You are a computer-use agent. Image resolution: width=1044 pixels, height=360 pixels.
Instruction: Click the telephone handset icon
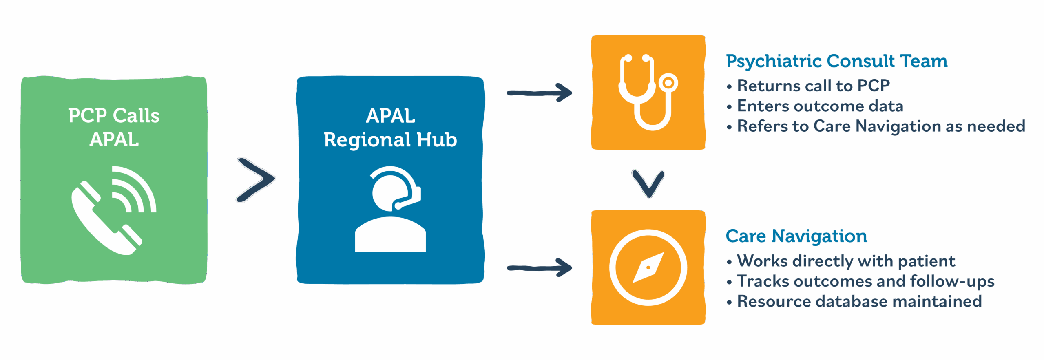tap(104, 220)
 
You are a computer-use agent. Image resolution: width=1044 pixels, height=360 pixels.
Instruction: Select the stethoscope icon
tap(648, 92)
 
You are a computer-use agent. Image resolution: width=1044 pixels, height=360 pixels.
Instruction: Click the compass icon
tap(648, 267)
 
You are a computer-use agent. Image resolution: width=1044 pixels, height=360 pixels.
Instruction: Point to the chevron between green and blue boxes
tap(256, 180)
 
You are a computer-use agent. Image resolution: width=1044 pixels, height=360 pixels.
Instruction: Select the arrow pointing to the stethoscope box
tap(539, 93)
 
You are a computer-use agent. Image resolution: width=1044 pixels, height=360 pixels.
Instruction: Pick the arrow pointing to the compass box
tap(539, 268)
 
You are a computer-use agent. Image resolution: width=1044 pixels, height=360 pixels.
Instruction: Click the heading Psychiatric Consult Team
tap(836, 61)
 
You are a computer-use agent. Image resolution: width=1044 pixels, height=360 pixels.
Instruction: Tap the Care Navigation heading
tap(796, 236)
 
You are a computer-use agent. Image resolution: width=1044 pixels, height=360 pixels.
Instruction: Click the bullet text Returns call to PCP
tap(813, 86)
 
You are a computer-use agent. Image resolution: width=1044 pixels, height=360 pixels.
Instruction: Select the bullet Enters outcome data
tap(820, 106)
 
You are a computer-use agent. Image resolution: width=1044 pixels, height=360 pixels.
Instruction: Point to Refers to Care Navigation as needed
tap(881, 126)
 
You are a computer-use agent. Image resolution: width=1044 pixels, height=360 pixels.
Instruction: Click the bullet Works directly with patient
tap(846, 261)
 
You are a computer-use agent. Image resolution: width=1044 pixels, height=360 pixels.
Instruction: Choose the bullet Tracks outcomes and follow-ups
tap(865, 281)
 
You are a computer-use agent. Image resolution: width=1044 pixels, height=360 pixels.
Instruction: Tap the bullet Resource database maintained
tap(859, 302)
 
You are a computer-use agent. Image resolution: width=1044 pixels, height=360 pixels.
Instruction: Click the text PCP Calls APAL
tap(114, 127)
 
